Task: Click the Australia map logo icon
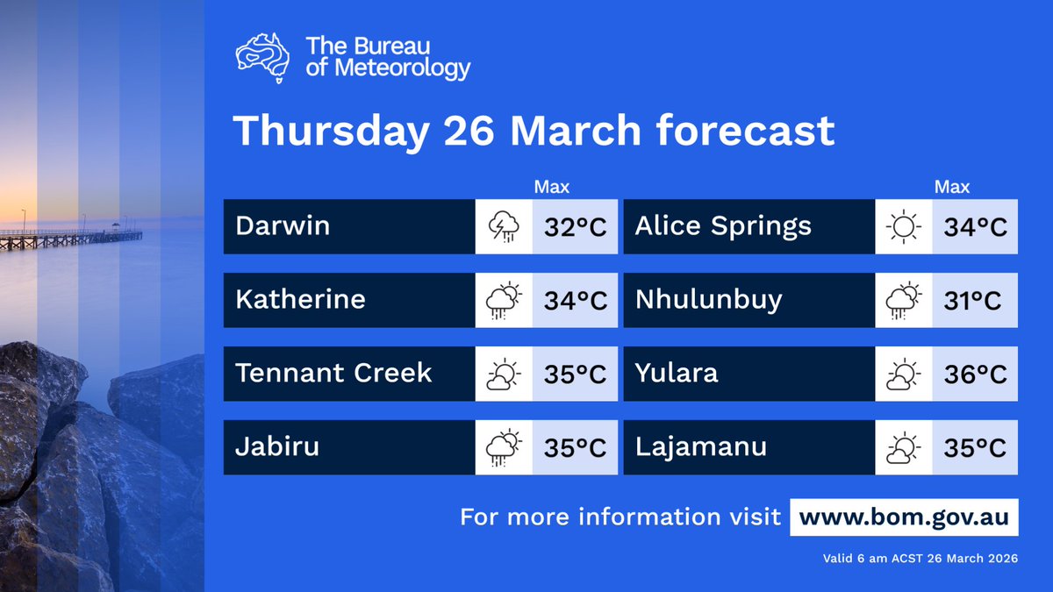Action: click(x=263, y=58)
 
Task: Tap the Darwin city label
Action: click(x=283, y=226)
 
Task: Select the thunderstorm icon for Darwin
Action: click(x=504, y=227)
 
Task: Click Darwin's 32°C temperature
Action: click(x=576, y=227)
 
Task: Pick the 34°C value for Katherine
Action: click(x=576, y=301)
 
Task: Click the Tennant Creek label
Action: click(x=333, y=374)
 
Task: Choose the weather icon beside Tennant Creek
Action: click(x=504, y=374)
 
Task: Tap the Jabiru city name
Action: click(x=276, y=447)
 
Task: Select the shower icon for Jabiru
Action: click(x=504, y=448)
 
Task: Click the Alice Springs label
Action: click(x=723, y=226)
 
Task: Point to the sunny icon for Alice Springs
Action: click(x=904, y=227)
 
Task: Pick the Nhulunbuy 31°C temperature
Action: click(x=975, y=301)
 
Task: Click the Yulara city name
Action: click(x=676, y=374)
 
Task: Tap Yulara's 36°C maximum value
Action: click(x=975, y=374)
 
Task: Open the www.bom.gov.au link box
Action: click(x=904, y=517)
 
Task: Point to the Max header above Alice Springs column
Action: click(x=952, y=187)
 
